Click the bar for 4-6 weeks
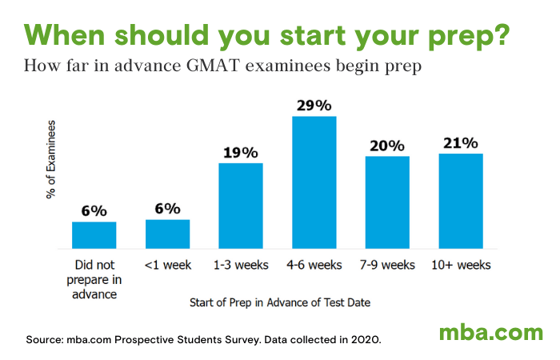[x=314, y=182]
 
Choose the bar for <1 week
[x=167, y=233]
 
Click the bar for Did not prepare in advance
[x=94, y=234]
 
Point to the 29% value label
[x=314, y=106]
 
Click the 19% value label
[x=241, y=152]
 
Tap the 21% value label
[x=461, y=143]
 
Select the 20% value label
[x=387, y=146]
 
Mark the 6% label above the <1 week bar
[x=167, y=208]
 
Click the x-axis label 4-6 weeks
[x=314, y=265]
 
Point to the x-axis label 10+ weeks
[x=461, y=265]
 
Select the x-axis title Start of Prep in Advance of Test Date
[x=279, y=303]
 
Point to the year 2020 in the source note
[x=365, y=339]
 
